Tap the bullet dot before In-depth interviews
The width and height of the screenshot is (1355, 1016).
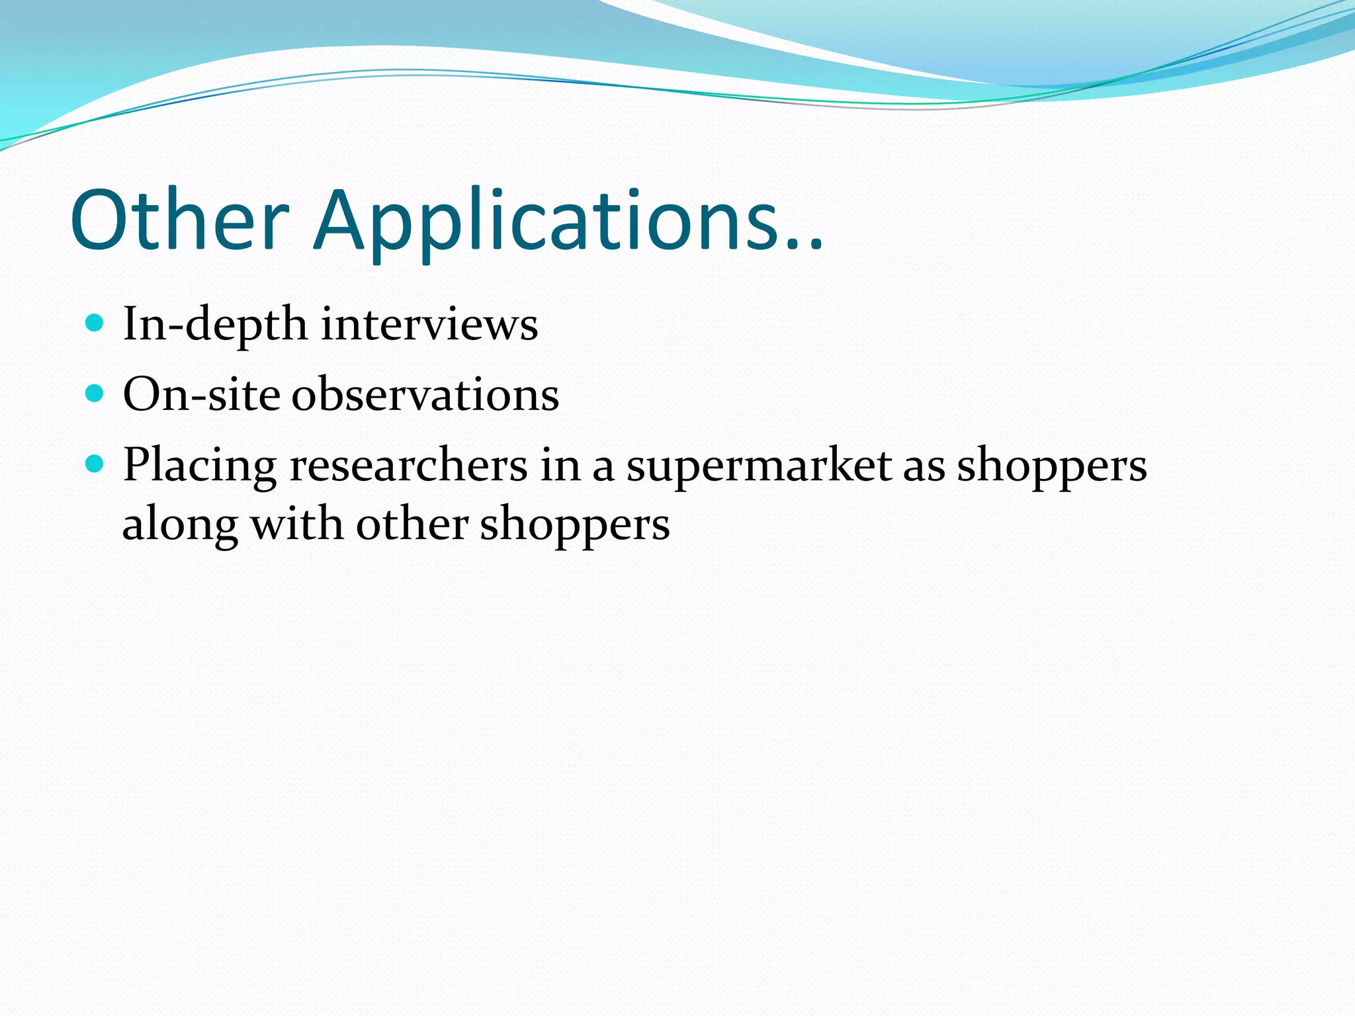95,323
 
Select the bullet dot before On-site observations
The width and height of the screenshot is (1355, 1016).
95,394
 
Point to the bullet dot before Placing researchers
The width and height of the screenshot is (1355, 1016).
95,464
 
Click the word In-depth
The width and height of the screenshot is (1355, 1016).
215,325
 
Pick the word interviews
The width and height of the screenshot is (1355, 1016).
429,325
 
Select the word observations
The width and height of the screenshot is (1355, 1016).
425,395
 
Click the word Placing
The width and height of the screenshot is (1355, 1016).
199,466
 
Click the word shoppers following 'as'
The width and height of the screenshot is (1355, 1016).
1052,466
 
